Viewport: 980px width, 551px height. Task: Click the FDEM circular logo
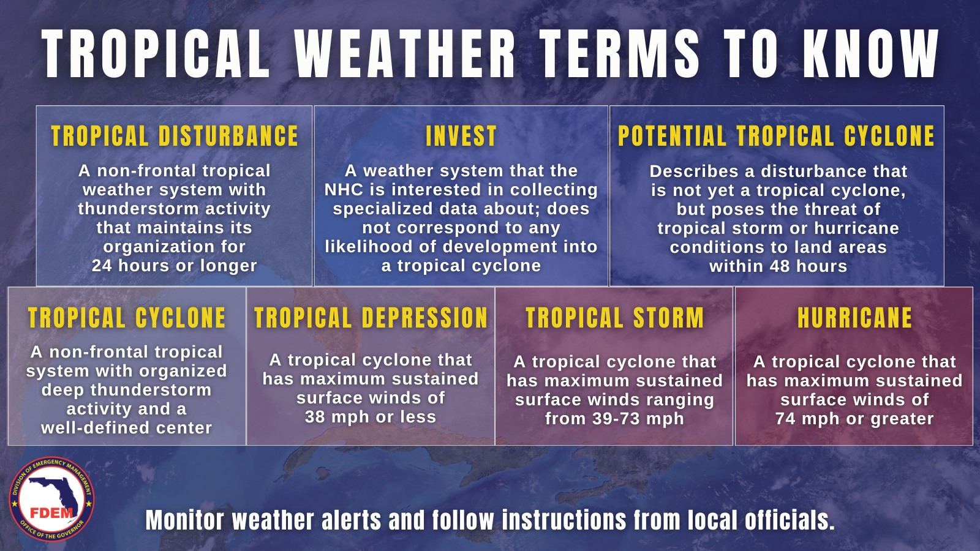(51, 499)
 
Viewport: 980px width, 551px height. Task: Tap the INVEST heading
(461, 136)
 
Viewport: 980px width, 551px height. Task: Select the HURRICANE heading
(854, 318)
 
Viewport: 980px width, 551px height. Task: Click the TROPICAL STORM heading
(615, 318)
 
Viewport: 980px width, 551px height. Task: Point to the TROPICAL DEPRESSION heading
(371, 318)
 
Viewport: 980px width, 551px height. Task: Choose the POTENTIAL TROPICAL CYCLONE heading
(776, 136)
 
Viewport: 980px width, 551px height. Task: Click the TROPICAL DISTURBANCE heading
(175, 136)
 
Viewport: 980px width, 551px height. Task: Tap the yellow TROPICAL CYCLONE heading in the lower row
(126, 318)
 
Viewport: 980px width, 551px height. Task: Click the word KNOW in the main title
(871, 54)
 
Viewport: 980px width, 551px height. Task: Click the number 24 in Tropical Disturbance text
(102, 266)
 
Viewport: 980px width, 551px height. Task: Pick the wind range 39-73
(617, 419)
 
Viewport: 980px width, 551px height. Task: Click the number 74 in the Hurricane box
(786, 419)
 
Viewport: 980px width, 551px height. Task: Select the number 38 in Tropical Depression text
(315, 417)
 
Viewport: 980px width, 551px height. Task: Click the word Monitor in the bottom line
(184, 521)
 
